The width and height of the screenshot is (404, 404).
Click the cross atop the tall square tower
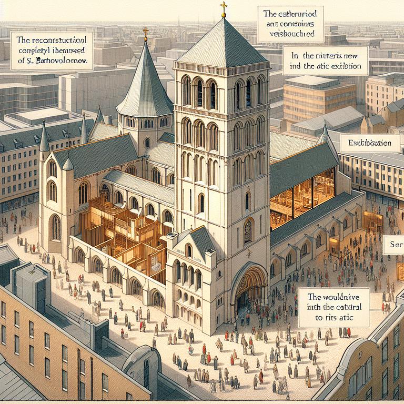click(224, 7)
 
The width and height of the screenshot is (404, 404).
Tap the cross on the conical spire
click(146, 32)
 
